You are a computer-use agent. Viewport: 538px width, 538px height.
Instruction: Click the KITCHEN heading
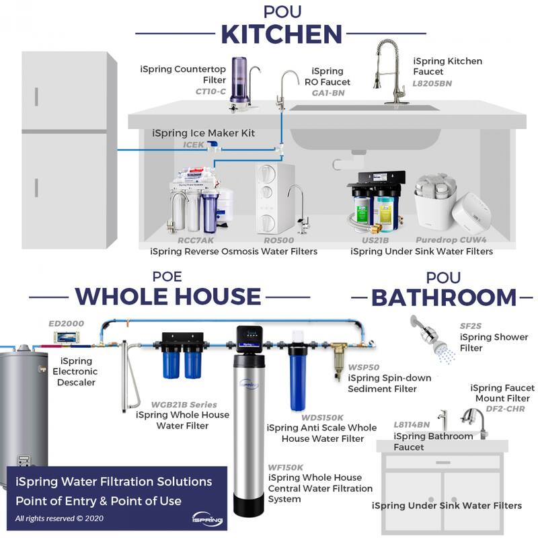tap(282, 33)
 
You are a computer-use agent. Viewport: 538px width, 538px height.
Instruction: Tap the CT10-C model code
tap(210, 91)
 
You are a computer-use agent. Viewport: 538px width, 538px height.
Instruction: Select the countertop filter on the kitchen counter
tap(241, 81)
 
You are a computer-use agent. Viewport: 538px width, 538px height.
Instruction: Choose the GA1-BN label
tap(328, 93)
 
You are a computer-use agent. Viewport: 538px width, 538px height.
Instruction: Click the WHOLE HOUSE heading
tap(167, 296)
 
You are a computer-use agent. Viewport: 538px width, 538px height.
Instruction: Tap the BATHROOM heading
tap(444, 297)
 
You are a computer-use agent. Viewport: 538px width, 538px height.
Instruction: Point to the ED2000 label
tap(67, 323)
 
